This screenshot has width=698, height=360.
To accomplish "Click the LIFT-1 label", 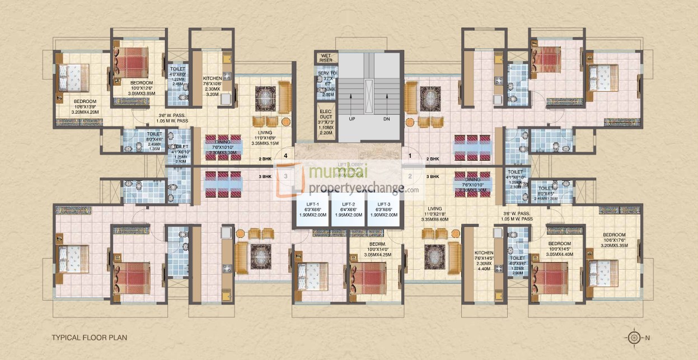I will tap(312, 204).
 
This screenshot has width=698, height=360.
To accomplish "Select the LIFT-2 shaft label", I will tap(348, 204).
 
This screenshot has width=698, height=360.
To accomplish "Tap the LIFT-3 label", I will tap(384, 204).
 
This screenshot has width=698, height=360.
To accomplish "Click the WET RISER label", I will tap(326, 58).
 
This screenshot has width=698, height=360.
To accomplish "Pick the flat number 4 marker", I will tap(286, 156).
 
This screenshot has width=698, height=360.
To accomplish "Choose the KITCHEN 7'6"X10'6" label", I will tap(212, 78).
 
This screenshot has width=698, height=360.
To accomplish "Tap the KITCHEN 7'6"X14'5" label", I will tap(482, 253).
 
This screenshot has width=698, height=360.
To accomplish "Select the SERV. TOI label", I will tap(326, 74).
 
